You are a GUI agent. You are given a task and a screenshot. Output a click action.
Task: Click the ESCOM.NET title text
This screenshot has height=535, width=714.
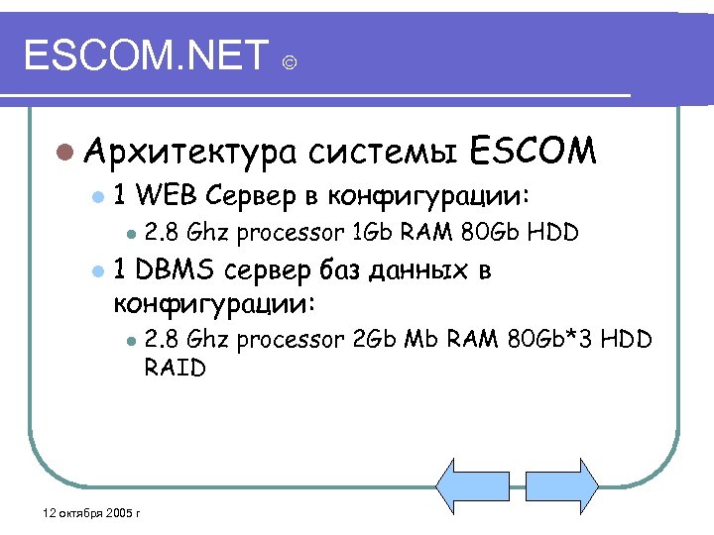pyautogui.click(x=146, y=55)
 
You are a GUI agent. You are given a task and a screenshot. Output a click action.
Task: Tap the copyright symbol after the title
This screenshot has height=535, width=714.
pyautogui.click(x=289, y=64)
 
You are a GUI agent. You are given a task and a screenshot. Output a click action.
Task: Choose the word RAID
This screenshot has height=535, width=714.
pyautogui.click(x=175, y=368)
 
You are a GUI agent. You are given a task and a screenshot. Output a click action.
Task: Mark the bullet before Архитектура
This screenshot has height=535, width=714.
pyautogui.click(x=63, y=152)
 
